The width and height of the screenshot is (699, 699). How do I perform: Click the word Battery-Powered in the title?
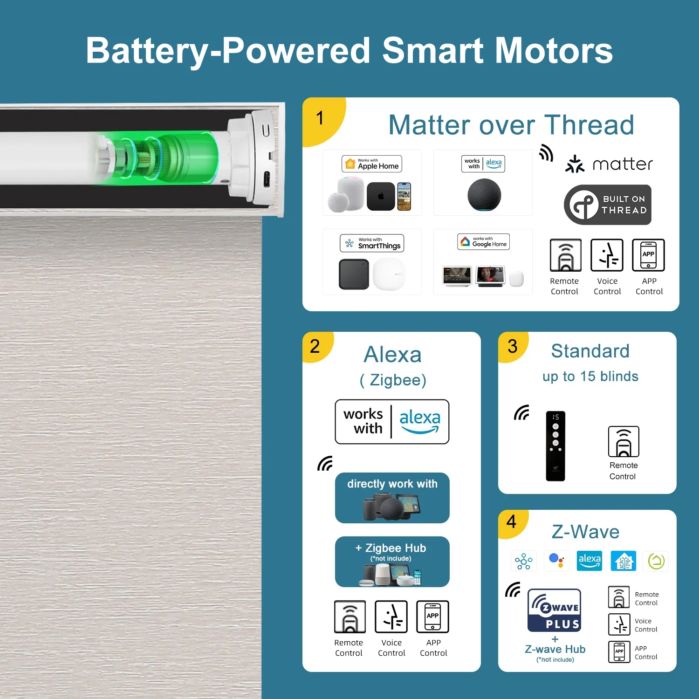(228, 51)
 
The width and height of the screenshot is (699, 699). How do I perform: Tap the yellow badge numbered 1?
(322, 119)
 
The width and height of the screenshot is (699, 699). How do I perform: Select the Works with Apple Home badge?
(372, 164)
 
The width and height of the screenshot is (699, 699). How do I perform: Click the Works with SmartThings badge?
(372, 243)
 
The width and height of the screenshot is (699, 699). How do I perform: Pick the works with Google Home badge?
(483, 242)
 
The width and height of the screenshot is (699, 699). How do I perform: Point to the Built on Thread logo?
(608, 205)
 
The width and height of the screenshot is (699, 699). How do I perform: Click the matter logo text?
(623, 164)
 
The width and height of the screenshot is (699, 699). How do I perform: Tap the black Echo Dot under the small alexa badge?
(484, 195)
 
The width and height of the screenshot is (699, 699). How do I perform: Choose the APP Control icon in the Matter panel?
(648, 255)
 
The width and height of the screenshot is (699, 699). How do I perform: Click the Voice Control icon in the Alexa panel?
(391, 617)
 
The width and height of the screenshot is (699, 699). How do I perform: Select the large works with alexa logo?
(392, 422)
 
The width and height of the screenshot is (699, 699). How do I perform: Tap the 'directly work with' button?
(392, 498)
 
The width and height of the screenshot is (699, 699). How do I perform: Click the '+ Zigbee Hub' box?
(392, 562)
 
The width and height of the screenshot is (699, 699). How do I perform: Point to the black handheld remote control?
(555, 446)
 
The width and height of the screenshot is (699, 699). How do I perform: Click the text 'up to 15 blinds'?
(590, 377)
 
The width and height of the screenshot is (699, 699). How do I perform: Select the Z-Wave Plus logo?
(555, 610)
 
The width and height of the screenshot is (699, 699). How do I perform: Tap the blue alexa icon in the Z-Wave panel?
(589, 561)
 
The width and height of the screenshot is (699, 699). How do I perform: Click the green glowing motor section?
(158, 158)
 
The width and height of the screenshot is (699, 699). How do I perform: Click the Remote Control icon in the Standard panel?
(624, 442)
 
